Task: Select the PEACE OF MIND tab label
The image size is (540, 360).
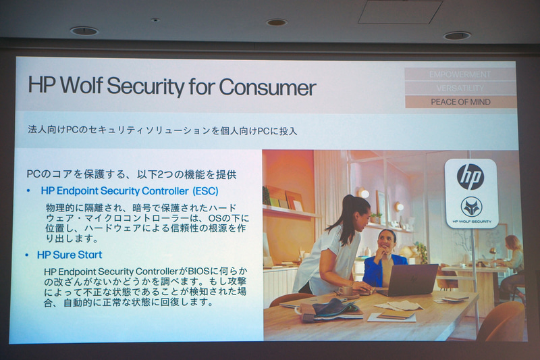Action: point(460,102)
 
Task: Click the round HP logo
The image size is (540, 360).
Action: point(470,176)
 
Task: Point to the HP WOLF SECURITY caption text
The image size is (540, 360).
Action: point(471,221)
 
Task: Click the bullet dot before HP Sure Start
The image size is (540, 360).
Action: point(28,255)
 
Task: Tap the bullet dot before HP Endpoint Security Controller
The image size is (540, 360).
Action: point(28,191)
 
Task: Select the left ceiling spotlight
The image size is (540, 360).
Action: point(84,30)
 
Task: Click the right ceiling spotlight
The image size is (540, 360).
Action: point(457,35)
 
